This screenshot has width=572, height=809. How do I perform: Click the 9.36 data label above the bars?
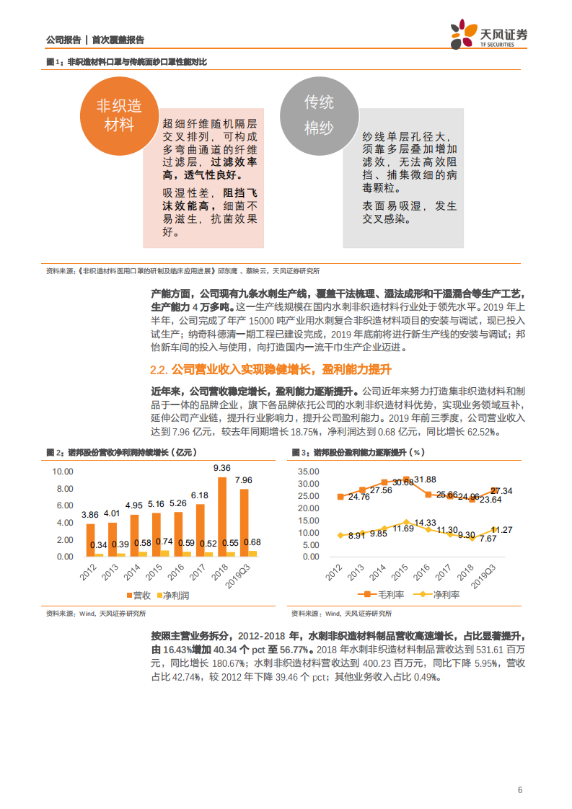click(x=222, y=468)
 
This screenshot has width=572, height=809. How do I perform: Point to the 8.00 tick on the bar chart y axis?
click(x=63, y=489)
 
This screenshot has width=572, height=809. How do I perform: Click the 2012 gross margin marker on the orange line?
click(x=340, y=497)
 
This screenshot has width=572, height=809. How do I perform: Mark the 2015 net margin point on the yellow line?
click(x=406, y=521)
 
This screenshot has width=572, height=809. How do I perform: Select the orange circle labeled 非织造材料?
click(x=119, y=115)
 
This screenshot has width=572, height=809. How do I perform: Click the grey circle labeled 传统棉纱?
click(x=319, y=115)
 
